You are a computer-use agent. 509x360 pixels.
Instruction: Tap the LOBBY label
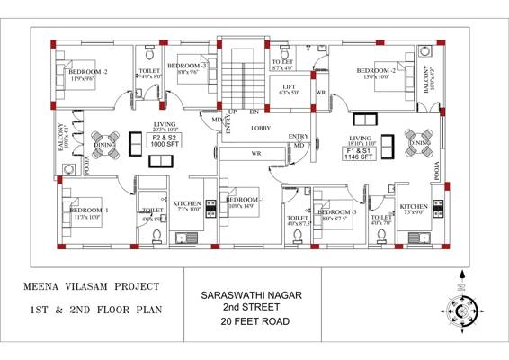pos(261,128)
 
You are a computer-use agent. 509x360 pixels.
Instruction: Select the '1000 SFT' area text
pos(164,144)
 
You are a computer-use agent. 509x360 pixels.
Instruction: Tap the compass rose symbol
pos(461,311)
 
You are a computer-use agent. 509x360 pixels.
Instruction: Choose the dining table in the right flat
pos(420,141)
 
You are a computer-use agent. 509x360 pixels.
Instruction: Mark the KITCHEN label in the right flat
pos(413,206)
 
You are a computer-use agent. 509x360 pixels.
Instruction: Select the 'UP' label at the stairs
pos(232,112)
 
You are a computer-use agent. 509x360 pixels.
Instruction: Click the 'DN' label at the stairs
pos(254,112)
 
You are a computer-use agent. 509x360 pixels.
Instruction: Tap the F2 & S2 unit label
pos(164,136)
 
